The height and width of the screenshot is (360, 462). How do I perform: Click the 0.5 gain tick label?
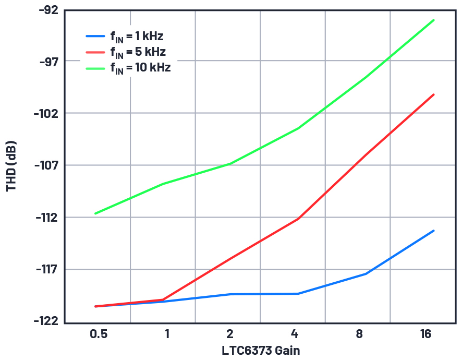coord(99,334)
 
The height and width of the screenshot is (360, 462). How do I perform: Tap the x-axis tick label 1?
coord(167,334)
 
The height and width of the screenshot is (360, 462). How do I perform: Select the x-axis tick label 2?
coord(229,334)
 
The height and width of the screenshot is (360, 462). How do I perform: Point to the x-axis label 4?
coord(295,334)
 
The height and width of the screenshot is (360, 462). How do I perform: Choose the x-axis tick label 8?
coord(359,334)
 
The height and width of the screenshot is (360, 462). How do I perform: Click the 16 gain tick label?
coord(426,334)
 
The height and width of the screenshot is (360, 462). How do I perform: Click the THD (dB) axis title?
coord(11,166)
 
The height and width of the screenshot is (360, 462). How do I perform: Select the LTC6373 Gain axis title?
coord(261,350)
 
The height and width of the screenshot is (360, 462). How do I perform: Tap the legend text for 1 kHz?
coord(137,37)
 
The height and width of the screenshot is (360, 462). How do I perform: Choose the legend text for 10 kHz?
coord(140,68)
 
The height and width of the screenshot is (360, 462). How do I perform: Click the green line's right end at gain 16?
coord(434,20)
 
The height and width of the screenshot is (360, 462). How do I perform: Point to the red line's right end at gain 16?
coord(434,94)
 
